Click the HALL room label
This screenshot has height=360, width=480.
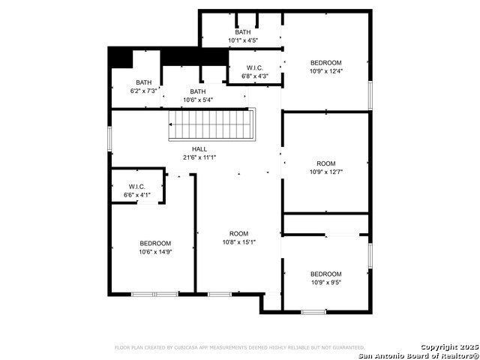(x=199, y=149)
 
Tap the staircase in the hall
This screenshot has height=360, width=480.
(x=211, y=124)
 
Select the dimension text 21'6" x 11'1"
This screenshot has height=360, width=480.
(x=199, y=157)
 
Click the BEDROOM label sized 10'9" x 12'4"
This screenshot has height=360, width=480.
(x=325, y=62)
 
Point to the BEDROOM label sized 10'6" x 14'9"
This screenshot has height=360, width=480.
(x=155, y=243)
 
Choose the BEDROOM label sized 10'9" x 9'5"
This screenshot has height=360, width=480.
(x=325, y=274)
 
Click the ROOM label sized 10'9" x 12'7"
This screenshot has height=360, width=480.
(x=325, y=163)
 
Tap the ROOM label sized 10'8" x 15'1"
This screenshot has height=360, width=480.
(x=239, y=233)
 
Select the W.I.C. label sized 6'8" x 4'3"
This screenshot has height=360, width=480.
(x=254, y=67)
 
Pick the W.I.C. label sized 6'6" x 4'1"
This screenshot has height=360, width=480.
(x=136, y=187)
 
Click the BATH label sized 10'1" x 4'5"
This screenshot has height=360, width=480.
(x=243, y=32)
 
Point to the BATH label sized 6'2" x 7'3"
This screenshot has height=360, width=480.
(x=143, y=82)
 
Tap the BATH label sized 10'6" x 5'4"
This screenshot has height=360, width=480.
(x=198, y=91)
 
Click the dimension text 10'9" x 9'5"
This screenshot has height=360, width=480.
(x=325, y=283)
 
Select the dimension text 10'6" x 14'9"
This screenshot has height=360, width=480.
(x=155, y=252)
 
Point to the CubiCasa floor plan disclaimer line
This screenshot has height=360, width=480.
(x=239, y=347)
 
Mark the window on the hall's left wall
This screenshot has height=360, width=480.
(x=110, y=138)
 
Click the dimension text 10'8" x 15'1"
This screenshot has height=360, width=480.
(x=239, y=242)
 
